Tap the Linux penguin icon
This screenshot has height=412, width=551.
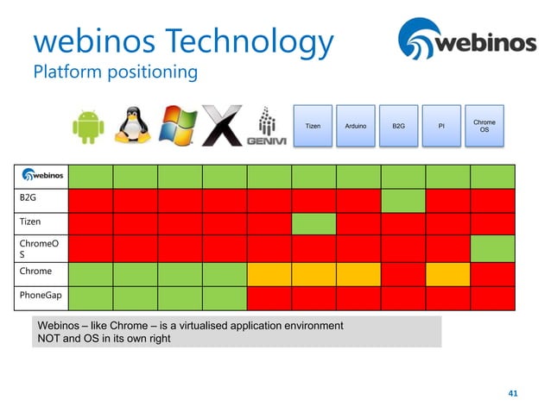click(x=132, y=127)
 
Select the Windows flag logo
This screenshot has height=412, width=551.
click(x=179, y=127)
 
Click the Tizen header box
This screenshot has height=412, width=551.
click(x=313, y=127)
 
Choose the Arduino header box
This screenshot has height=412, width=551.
click(x=355, y=127)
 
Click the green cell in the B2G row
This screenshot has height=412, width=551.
click(x=402, y=200)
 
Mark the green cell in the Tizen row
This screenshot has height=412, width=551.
click(x=313, y=224)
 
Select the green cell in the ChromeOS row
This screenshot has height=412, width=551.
click(x=492, y=248)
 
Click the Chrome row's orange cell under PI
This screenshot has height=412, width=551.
click(x=447, y=274)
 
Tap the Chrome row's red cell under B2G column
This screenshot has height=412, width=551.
click(x=402, y=274)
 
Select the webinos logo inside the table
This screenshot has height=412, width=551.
click(x=41, y=175)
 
